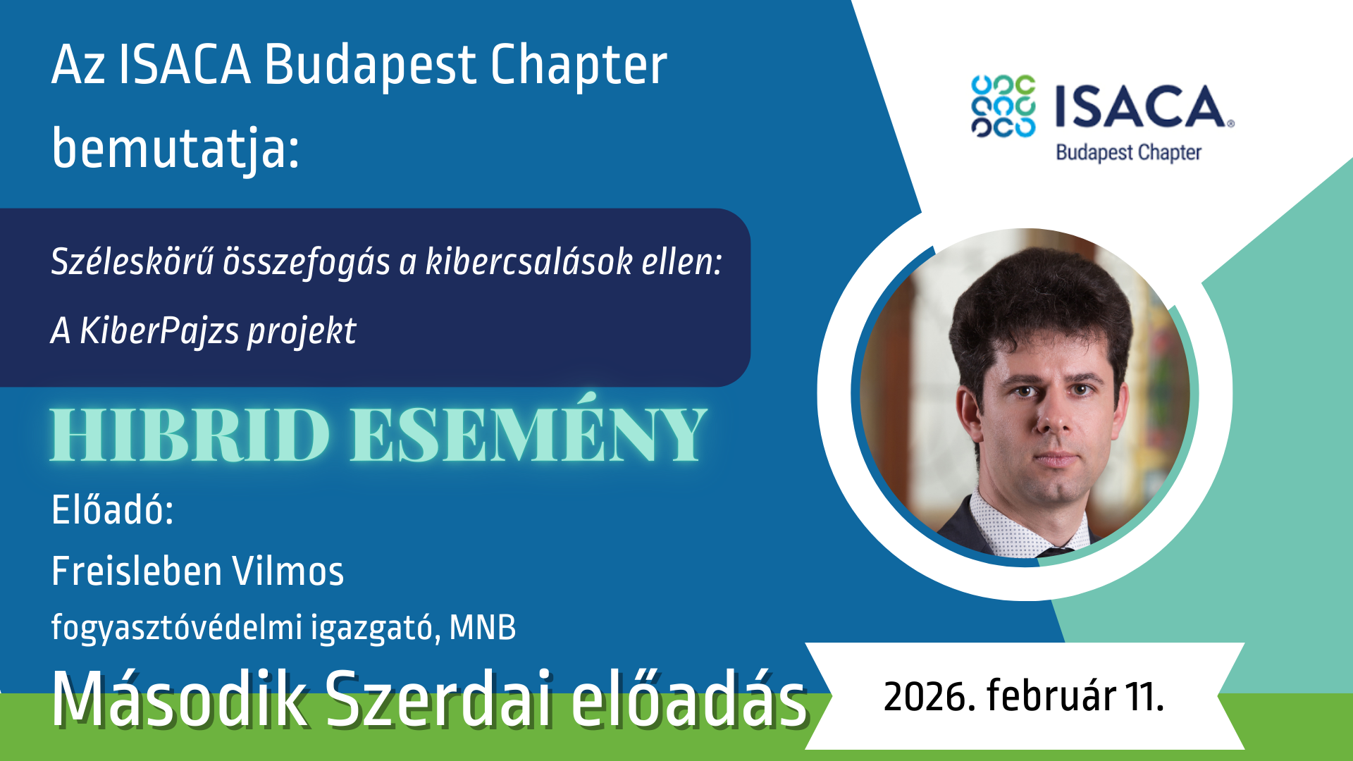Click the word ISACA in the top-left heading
pos(185,65)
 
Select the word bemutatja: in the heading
pos(175,149)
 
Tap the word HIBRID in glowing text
pos(190,435)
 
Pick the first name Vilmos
pos(288,571)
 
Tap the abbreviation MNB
pos(483,628)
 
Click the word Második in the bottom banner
pos(180,699)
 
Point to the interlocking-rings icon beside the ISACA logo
pos(1003,106)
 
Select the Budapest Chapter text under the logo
pos(1128,153)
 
